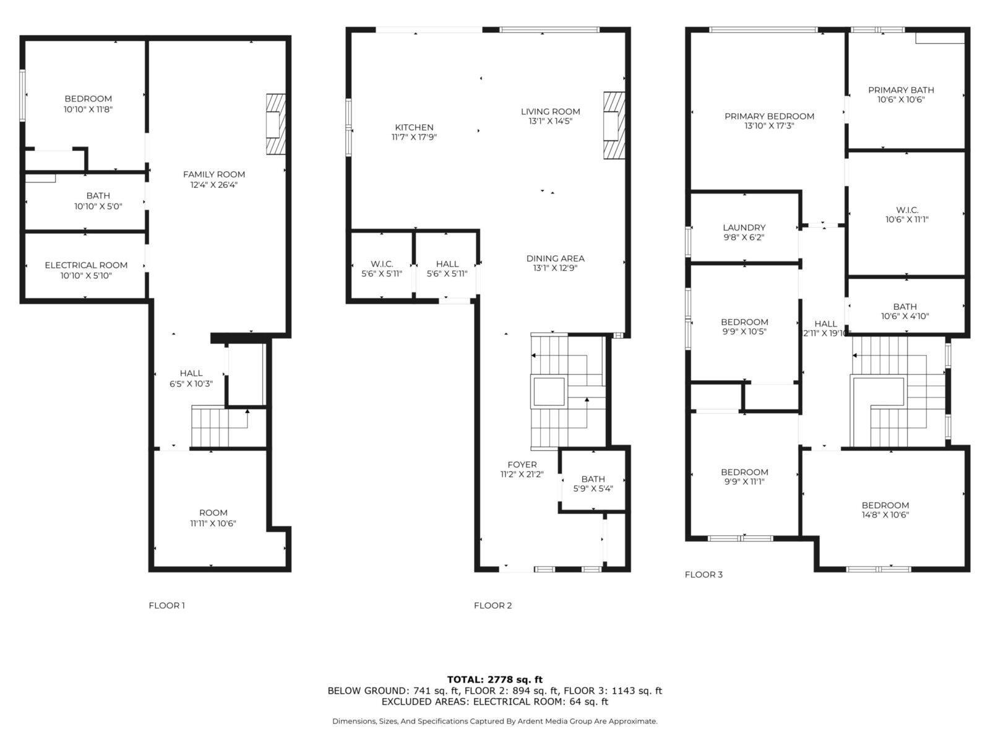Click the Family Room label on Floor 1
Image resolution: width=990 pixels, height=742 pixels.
pos(214,174)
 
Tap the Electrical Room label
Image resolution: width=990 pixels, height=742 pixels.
pos(85,265)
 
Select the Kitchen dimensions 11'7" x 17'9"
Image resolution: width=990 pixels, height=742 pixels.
pos(414,137)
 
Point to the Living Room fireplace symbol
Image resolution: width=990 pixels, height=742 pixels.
pos(614,126)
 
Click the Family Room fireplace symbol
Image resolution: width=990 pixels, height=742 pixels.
pos(275,124)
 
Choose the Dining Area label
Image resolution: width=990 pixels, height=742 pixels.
pos(555,258)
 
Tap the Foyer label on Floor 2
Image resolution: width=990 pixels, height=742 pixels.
pos(522,464)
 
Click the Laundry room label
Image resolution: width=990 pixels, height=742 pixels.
pos(744,228)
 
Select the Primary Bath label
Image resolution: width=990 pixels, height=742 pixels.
pos(901,90)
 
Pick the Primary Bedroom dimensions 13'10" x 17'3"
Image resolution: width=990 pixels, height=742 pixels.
pos(769,126)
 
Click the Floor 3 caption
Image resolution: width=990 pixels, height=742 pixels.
pos(704,574)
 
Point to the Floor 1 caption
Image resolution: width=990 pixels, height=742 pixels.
pos(167,605)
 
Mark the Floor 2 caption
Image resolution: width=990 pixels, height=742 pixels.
pos(493,605)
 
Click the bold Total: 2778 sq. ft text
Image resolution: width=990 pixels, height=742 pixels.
pos(495,680)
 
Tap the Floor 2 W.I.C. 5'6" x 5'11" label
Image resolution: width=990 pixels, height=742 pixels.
pos(382,269)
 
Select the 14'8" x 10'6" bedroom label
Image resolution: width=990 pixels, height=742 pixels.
pos(885,510)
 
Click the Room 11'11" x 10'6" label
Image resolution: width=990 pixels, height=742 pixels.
pos(213,518)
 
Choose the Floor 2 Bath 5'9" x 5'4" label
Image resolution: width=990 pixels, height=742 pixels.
pos(593,484)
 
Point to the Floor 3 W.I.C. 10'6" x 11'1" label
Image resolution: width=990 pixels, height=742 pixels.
pos(907,215)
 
